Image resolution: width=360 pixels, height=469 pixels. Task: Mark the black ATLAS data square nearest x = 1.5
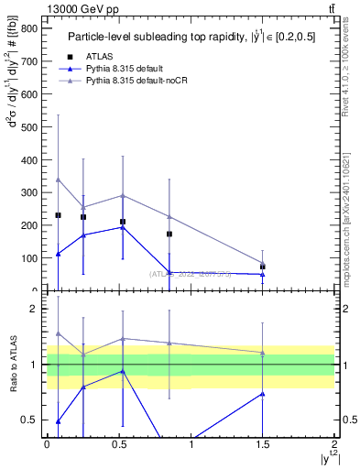[x=263, y=267]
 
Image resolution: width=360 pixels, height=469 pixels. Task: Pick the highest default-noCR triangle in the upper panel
[x=59, y=180]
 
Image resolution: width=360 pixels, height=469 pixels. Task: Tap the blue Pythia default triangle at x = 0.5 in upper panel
[x=123, y=227]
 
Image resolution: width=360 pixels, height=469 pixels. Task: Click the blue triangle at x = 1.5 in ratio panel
[x=263, y=394]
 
